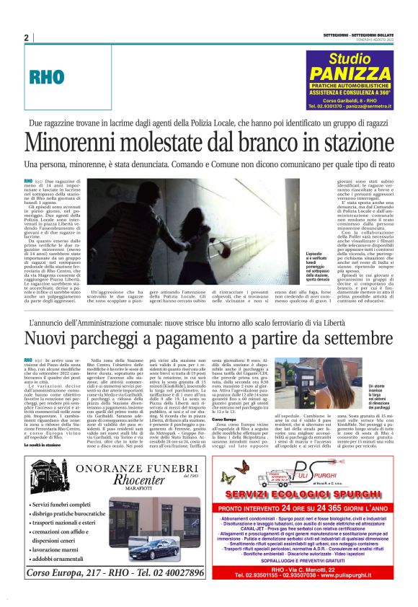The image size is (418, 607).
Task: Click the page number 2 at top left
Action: (26, 37)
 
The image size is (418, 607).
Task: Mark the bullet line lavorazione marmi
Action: (64, 549)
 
